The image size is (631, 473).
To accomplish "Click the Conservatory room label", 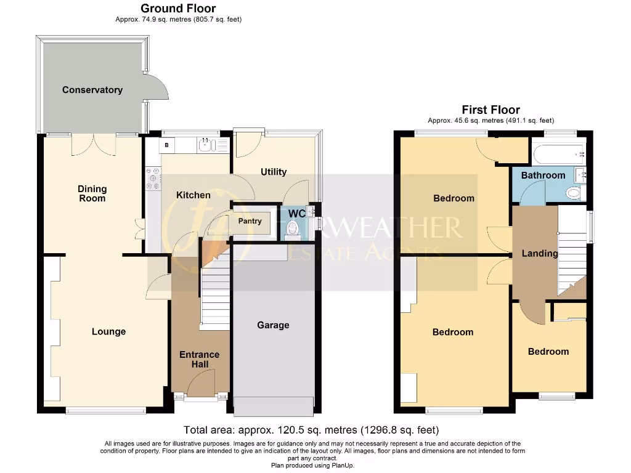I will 92,90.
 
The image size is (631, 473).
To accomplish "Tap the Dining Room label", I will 92,193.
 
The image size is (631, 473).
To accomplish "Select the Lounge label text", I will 108,331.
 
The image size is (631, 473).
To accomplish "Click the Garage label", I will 273,325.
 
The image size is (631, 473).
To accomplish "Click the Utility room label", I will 273,172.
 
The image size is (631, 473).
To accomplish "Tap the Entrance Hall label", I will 199,359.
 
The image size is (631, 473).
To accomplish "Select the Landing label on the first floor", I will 540,253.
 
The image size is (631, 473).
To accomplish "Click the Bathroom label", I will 543,176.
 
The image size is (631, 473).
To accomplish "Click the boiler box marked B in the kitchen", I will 167,145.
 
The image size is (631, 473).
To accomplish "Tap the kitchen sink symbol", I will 205,145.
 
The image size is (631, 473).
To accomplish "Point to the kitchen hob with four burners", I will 152,179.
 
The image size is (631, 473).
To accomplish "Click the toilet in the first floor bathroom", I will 574,193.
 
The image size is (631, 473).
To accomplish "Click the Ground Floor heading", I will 178,9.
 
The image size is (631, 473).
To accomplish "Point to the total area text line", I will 311,430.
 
